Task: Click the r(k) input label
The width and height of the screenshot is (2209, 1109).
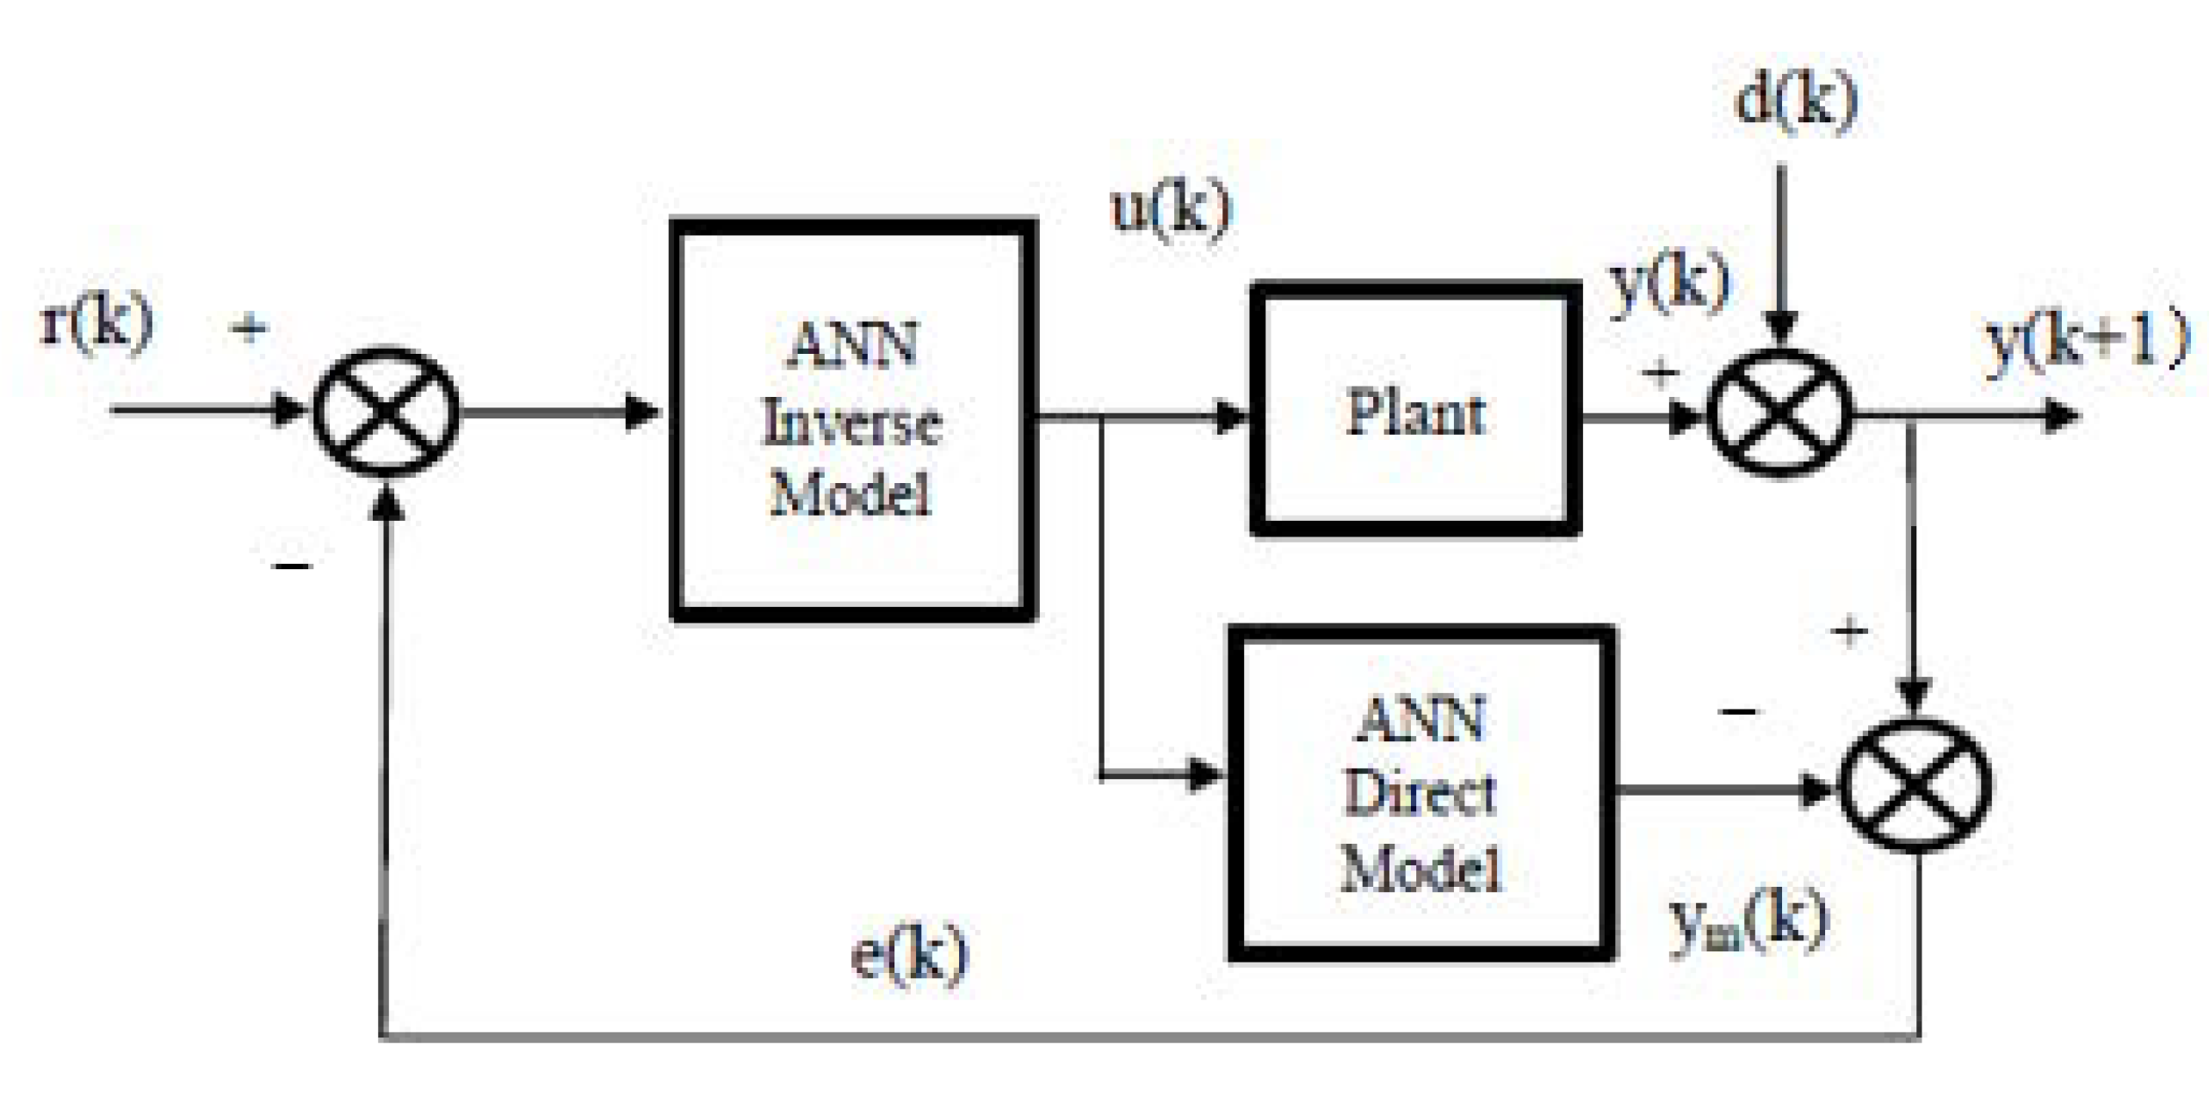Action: tap(97, 324)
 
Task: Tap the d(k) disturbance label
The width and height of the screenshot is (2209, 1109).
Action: tap(1795, 102)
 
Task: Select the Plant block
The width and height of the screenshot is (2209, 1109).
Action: tap(1415, 411)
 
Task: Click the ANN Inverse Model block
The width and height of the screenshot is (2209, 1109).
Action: tap(852, 420)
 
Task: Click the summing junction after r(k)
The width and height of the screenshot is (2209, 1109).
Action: tap(385, 412)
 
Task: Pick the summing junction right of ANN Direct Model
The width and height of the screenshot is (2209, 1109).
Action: tap(1915, 785)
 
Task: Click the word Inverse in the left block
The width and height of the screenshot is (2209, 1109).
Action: tap(852, 424)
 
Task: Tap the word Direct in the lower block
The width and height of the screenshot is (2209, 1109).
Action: tap(1420, 792)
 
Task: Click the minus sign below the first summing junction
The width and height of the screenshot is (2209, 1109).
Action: tap(293, 566)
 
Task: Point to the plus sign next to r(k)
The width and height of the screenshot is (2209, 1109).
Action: tap(250, 328)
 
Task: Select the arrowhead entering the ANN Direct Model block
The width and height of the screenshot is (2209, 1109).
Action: tap(1205, 774)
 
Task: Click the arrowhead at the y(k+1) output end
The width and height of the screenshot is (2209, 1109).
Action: tap(2062, 417)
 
